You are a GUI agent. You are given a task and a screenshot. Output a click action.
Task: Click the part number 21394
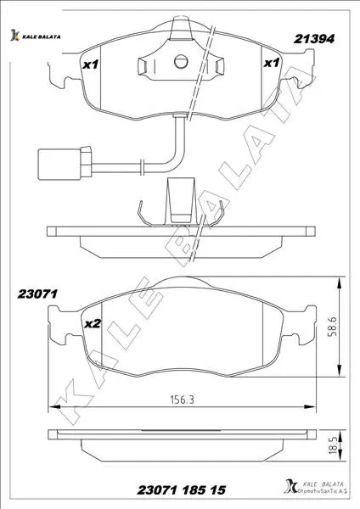[x=314, y=39]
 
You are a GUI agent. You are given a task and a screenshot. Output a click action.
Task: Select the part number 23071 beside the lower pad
[x=37, y=294]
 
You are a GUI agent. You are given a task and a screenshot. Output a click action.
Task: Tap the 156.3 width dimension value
[x=183, y=400]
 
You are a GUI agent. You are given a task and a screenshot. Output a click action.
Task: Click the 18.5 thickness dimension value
[x=332, y=445]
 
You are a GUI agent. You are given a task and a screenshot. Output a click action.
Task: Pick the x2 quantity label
[x=93, y=324]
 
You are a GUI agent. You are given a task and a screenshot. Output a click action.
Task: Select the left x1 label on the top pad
[x=90, y=65]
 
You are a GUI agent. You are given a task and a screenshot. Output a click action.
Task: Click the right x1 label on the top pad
[x=272, y=63]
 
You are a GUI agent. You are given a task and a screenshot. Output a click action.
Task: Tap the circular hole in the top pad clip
[x=181, y=62]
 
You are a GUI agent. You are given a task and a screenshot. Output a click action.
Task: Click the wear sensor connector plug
[x=65, y=164]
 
